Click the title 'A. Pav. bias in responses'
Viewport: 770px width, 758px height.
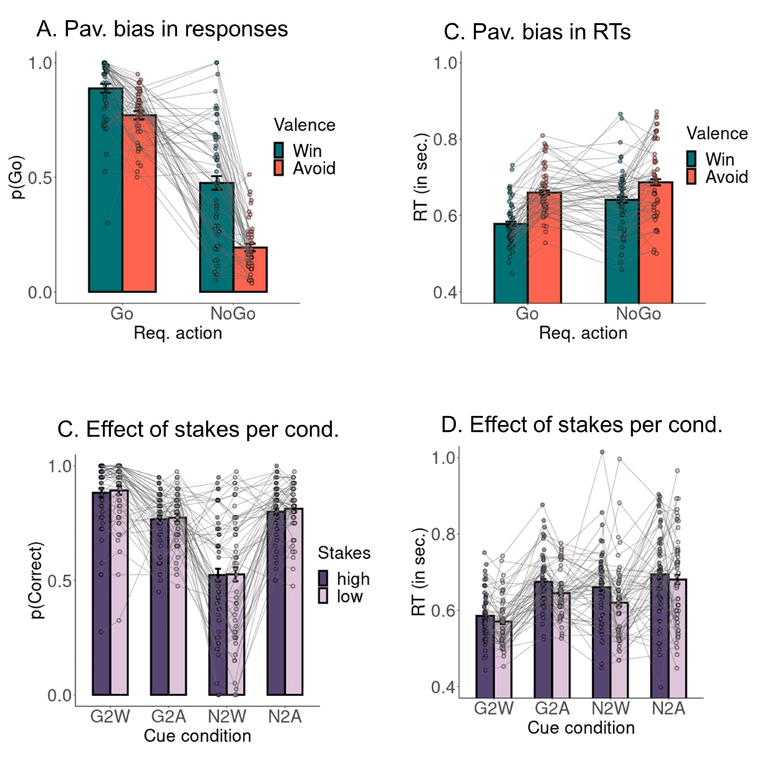click(x=162, y=29)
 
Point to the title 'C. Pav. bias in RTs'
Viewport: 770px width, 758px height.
click(x=537, y=32)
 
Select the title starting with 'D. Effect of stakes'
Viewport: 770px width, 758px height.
click(x=581, y=425)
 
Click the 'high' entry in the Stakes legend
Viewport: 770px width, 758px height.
click(x=345, y=579)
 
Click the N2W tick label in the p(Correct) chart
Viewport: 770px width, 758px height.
click(x=227, y=716)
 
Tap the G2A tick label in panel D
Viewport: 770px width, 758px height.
click(x=552, y=708)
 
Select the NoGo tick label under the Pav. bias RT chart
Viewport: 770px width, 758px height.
click(x=638, y=314)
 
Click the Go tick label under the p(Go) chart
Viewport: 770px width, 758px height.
click(x=121, y=314)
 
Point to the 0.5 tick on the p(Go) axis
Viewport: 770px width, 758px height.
click(x=40, y=177)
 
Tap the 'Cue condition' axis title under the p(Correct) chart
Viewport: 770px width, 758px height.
click(x=197, y=736)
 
